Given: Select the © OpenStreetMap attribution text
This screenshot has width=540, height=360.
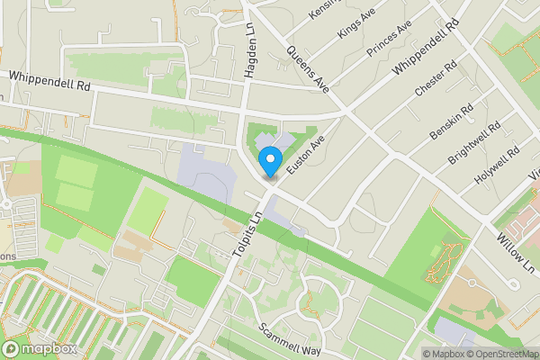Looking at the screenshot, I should pos(499,354).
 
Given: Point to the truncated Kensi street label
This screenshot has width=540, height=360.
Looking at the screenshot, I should pos(320,10).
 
